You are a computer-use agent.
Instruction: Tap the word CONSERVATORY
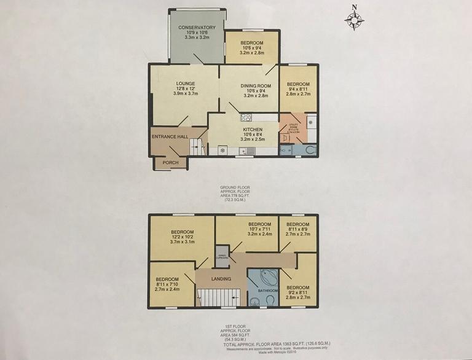click(197, 28)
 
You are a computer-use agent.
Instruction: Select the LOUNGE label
click(185, 84)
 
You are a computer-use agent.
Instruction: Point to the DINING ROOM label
click(248, 86)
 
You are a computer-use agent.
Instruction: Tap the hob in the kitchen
click(246, 117)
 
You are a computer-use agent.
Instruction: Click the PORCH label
click(170, 163)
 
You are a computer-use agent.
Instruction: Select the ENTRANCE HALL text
click(169, 136)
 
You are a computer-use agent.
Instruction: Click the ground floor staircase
click(195, 146)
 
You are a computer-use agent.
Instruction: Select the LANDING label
click(221, 280)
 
